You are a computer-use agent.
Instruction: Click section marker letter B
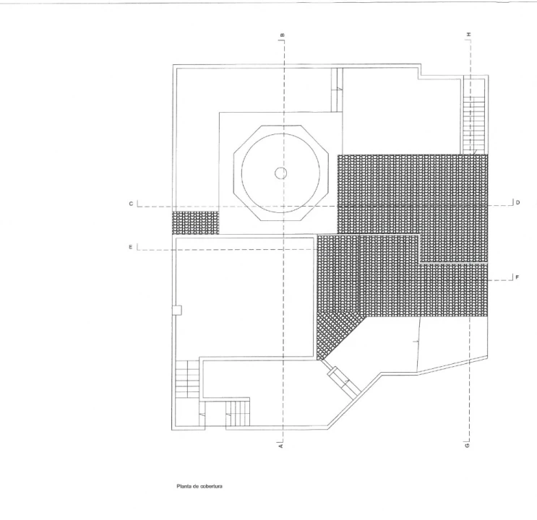pos(283,35)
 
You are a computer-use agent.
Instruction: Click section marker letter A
pos(281,446)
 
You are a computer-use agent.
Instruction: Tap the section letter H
pos(468,34)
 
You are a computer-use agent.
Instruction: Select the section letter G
pos(467,446)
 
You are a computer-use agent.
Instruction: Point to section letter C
pos(131,204)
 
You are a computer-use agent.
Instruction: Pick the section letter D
pos(517,202)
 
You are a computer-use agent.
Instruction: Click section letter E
pos(131,247)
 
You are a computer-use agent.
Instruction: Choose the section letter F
pos(517,277)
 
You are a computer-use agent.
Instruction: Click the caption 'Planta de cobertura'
pos(199,486)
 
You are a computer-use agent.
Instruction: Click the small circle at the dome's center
pos(281,173)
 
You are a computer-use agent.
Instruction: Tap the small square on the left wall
pos(177,310)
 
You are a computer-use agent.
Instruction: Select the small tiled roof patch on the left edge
pos(195,222)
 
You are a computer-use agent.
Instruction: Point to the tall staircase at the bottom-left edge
pos(187,379)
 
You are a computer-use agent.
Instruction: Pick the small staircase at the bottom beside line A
pos(238,413)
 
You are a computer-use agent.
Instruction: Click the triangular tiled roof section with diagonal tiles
pos(337,333)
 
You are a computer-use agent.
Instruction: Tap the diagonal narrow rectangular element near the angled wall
pos(344,381)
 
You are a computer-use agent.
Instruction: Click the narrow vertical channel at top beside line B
pos(337,90)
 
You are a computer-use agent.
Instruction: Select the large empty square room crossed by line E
pos(244,297)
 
